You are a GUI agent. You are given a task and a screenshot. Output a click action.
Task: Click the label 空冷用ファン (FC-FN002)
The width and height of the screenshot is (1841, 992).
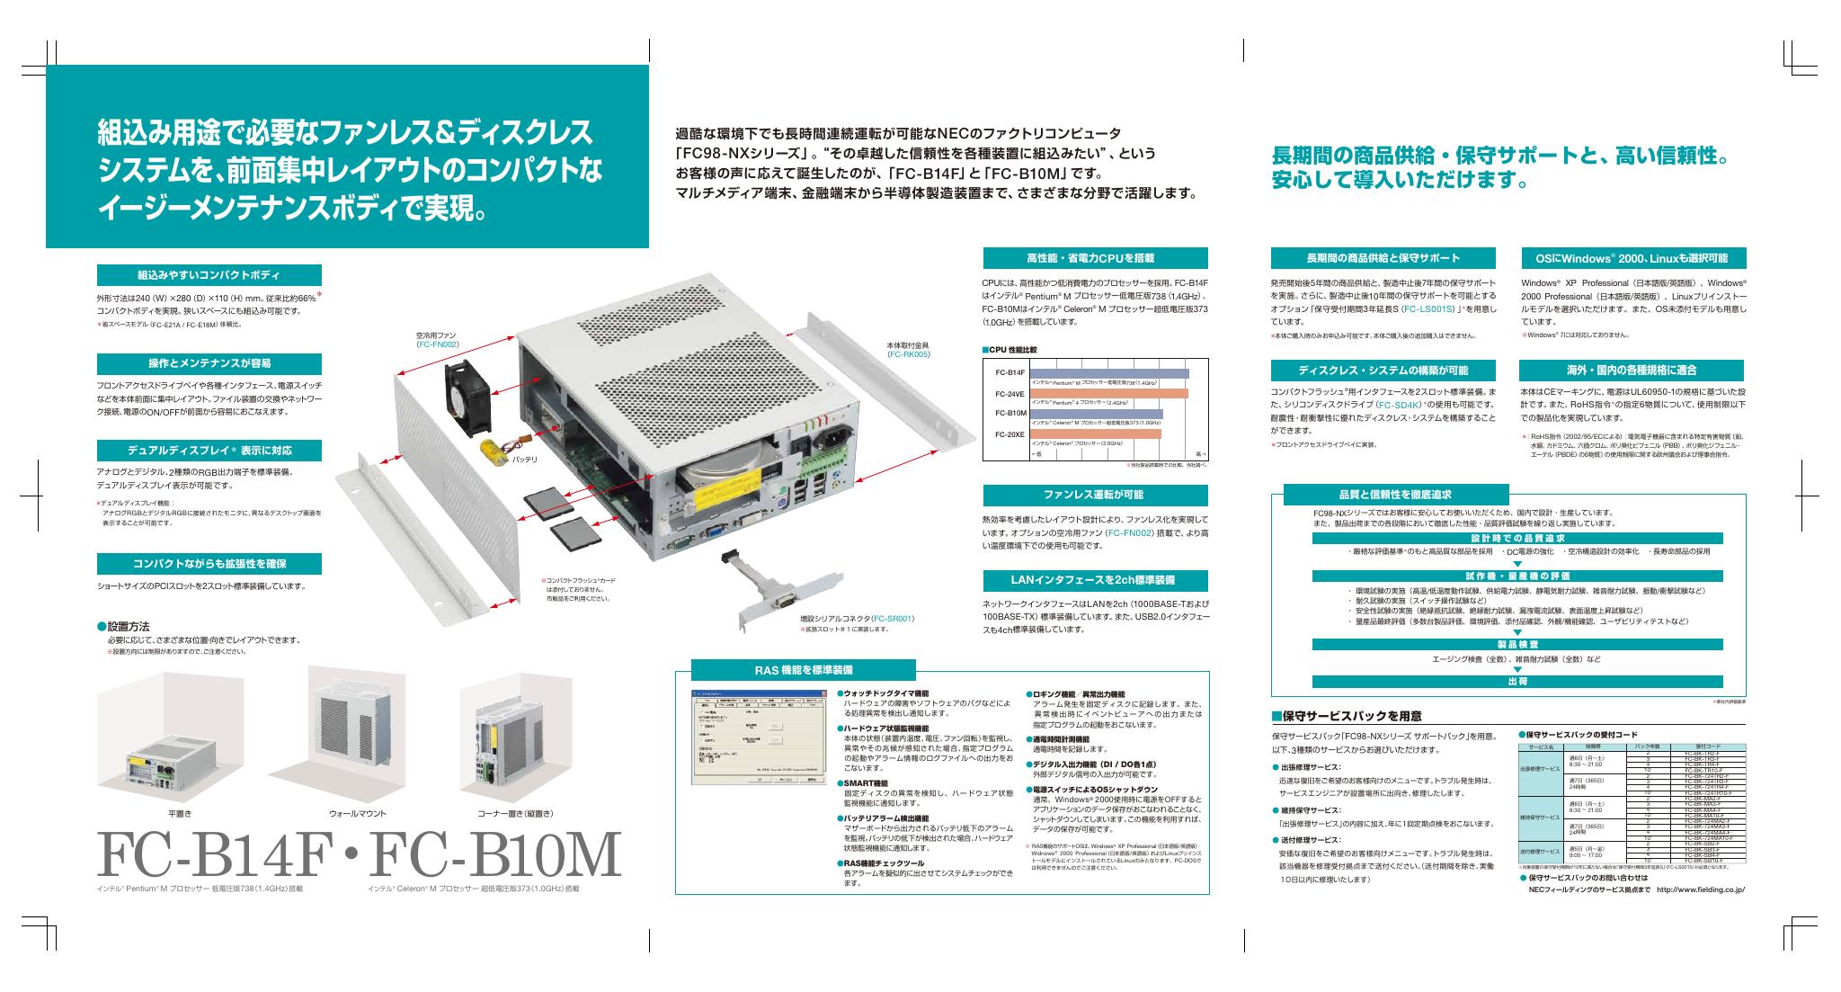(x=438, y=339)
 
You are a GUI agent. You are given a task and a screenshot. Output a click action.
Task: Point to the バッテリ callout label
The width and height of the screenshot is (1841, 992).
(x=524, y=460)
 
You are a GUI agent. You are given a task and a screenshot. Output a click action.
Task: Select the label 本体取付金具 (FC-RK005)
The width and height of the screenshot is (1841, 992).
(x=908, y=349)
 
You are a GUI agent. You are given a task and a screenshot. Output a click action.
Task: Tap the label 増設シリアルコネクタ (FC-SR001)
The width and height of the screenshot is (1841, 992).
(x=858, y=619)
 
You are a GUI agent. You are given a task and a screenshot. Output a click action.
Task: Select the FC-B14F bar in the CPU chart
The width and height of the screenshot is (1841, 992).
(x=1108, y=373)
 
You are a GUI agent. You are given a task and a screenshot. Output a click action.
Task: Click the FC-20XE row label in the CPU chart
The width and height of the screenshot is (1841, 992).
(x=1010, y=434)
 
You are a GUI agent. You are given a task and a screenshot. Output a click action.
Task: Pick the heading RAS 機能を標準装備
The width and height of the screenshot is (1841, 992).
(x=804, y=670)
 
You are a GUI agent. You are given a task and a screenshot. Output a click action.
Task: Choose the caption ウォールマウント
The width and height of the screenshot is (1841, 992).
(x=357, y=813)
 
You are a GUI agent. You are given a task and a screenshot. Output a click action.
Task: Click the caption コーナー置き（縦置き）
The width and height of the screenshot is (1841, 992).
(x=516, y=813)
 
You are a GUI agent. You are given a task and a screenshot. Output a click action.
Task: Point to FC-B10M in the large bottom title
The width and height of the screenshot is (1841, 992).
(x=494, y=856)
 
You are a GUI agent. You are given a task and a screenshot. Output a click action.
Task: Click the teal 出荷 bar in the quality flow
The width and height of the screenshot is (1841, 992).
(x=1517, y=681)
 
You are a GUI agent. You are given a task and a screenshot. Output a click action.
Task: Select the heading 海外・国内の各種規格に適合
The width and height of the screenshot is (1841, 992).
(x=1631, y=370)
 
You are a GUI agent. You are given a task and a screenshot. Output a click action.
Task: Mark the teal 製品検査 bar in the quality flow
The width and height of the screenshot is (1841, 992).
(x=1517, y=643)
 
